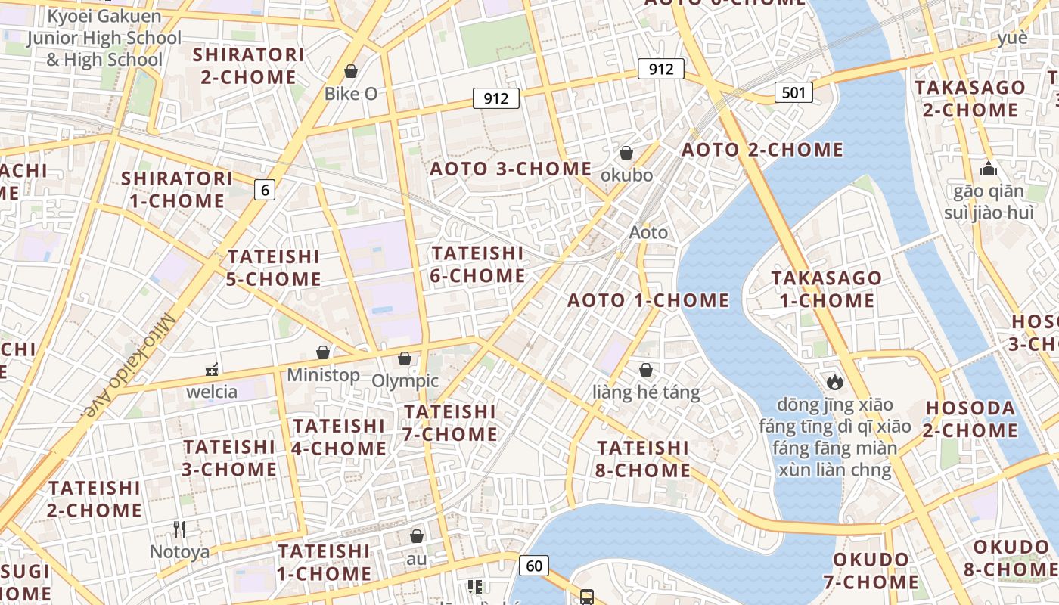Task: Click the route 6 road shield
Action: (264, 190)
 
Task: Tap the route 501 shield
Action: (793, 93)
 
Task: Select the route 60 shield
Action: (534, 565)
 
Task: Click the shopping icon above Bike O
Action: (351, 72)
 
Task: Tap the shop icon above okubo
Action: (626, 154)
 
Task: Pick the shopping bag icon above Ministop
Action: (323, 352)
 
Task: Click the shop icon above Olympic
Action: (405, 358)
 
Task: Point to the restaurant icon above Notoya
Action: (179, 529)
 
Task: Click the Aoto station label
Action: (649, 233)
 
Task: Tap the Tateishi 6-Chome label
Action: (477, 264)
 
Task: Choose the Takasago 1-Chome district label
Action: (827, 290)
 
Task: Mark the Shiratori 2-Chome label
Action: (248, 66)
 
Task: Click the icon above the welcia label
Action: (213, 370)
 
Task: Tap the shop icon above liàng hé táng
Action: (646, 370)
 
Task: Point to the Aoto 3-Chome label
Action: (511, 169)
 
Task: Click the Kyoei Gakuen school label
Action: (104, 38)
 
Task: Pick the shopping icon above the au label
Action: (416, 536)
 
